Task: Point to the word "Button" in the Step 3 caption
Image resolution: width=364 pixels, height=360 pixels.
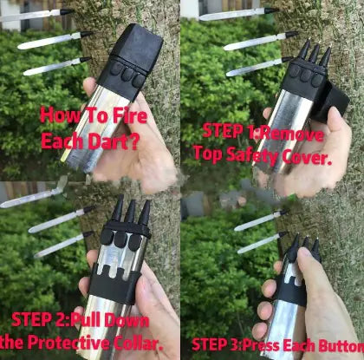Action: pos(339,344)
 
